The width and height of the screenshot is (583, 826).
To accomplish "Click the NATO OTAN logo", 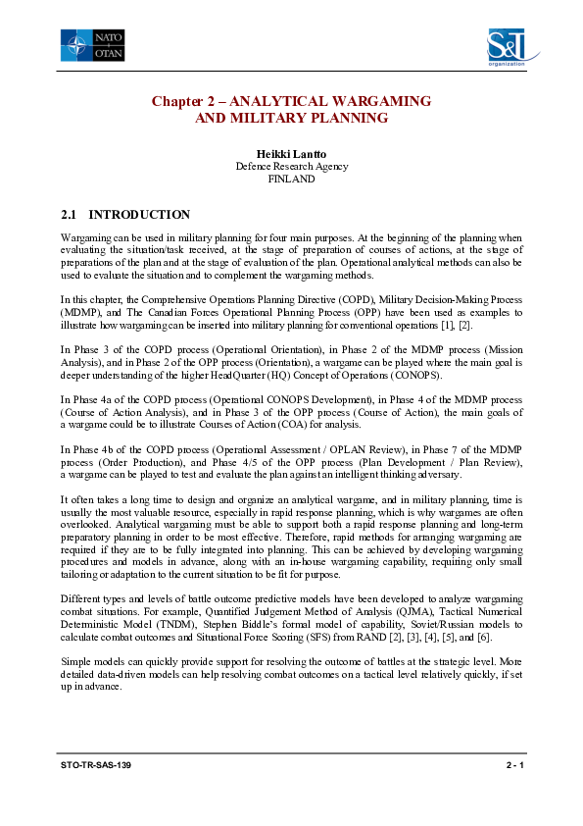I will pyautogui.click(x=91, y=45).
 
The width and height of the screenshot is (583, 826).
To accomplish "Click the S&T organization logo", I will pyautogui.click(x=506, y=47).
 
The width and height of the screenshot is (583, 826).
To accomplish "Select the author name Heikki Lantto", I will pyautogui.click(x=291, y=154).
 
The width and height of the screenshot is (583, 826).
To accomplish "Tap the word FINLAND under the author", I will pyautogui.click(x=291, y=180).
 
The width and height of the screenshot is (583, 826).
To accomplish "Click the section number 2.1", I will pyautogui.click(x=69, y=214).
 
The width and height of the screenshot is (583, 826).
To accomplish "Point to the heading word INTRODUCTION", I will pyautogui.click(x=139, y=214).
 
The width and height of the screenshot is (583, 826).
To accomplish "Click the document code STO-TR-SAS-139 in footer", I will pyautogui.click(x=95, y=763).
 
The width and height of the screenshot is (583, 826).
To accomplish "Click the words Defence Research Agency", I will pyautogui.click(x=291, y=167).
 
